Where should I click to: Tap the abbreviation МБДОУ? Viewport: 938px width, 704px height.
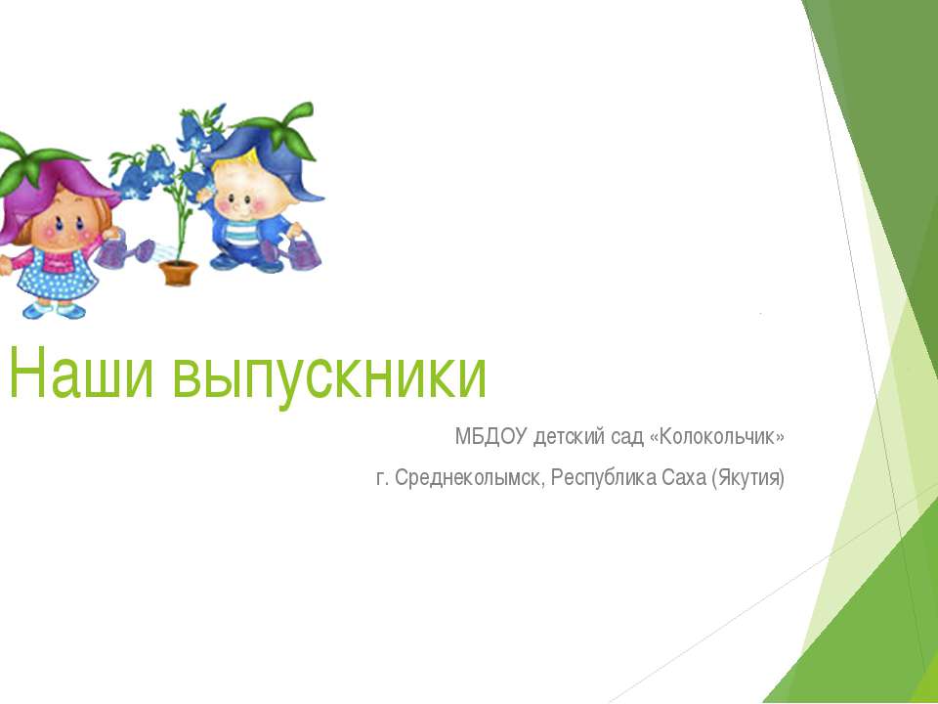(x=491, y=437)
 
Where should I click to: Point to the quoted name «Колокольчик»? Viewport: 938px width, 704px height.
(x=716, y=437)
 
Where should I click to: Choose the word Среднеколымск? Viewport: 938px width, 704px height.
(x=470, y=478)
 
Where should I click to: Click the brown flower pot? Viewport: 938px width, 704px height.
(x=178, y=273)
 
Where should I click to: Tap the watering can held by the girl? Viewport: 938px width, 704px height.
(x=124, y=250)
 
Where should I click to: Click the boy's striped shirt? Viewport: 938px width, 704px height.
(x=242, y=234)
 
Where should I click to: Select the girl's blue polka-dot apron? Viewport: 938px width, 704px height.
(x=58, y=276)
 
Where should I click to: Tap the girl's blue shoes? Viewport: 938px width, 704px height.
(x=54, y=310)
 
